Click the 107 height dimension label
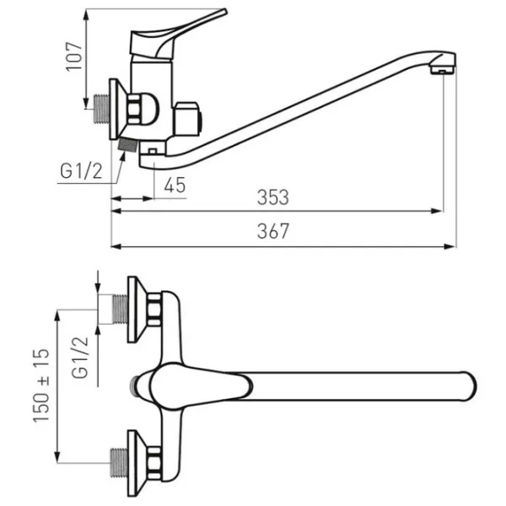click(x=74, y=57)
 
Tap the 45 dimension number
click(x=175, y=185)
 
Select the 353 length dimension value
click(x=273, y=197)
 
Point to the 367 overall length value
click(x=273, y=231)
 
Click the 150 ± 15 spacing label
click(x=41, y=385)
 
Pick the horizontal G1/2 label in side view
click(x=81, y=171)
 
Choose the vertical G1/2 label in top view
click(x=80, y=358)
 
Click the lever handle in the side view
click(x=178, y=35)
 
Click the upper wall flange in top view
click(x=137, y=310)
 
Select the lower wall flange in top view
click(x=137, y=463)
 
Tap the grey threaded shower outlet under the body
click(x=128, y=144)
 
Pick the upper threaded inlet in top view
click(x=120, y=310)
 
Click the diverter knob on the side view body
click(x=188, y=119)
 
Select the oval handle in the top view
click(x=200, y=385)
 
